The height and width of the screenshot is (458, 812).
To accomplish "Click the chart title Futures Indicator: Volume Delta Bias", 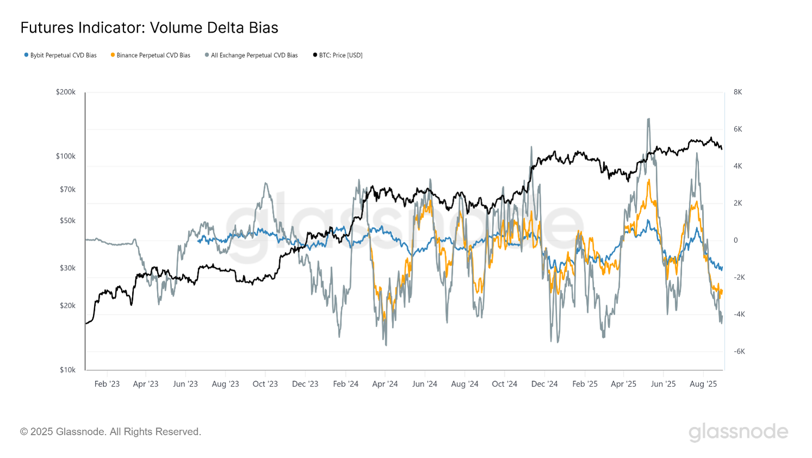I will (x=149, y=28).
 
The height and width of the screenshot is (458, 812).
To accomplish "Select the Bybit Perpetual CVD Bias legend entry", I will (x=60, y=55).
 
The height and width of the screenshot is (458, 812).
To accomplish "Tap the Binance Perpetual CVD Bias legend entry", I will (x=151, y=55).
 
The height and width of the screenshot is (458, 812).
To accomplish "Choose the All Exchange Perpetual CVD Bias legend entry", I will (x=252, y=55).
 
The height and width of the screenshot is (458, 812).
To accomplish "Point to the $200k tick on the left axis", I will (x=66, y=92).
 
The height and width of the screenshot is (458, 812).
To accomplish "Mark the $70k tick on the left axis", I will (x=68, y=190).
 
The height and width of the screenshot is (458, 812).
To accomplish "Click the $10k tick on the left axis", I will (x=68, y=370).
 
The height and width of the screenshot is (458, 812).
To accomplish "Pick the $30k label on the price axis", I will (x=68, y=268).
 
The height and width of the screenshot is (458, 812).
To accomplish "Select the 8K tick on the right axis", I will (x=738, y=92).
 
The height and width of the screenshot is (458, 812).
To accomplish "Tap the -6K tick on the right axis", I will (x=739, y=352).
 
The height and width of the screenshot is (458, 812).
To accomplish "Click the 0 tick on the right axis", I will (x=736, y=240).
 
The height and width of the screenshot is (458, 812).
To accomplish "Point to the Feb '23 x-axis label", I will (x=107, y=384).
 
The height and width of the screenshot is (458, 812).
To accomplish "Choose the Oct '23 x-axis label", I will (x=265, y=384).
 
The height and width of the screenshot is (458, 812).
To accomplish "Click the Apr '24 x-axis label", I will (x=385, y=384).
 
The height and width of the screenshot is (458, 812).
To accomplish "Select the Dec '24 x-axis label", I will (x=545, y=384).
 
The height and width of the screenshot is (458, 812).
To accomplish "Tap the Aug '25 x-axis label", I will (x=703, y=384).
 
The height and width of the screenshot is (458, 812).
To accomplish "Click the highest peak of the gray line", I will (x=648, y=119).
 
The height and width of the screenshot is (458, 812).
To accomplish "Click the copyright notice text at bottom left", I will (x=111, y=432).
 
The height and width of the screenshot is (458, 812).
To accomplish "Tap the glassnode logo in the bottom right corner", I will (x=738, y=432).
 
